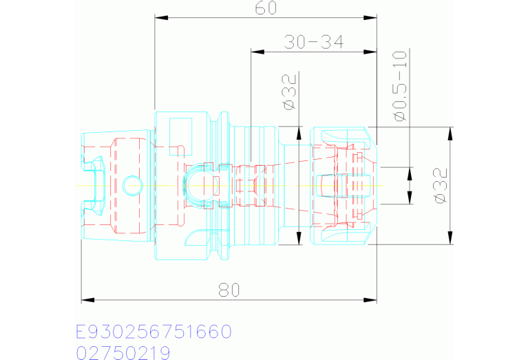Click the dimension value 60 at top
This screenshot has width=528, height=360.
pos(266,8)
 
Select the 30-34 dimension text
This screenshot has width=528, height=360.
pos(314,42)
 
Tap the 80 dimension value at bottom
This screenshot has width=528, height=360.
pos(229,290)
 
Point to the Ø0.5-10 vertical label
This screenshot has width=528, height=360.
pos(400,86)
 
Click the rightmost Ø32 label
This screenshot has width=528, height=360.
pos(441,186)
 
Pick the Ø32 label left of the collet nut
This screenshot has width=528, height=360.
pos(290,92)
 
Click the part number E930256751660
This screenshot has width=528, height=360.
pos(154,331)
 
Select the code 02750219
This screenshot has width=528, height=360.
pos(123,353)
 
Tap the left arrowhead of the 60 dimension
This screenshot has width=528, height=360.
pos(161,17)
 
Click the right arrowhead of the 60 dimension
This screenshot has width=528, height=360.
pos(370,17)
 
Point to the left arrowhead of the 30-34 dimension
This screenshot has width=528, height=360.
pos(257,52)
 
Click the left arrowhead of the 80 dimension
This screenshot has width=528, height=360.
pos(88,299)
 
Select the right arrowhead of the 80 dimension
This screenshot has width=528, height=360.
pos(370,299)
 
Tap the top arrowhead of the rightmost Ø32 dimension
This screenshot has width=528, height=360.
pos(450,134)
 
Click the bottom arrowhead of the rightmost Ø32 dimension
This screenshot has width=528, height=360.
pos(450,237)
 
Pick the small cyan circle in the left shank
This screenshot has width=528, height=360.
pos(132,186)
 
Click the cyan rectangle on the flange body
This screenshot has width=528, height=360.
pos(181,137)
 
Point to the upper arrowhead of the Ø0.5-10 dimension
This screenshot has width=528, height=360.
pos(410,173)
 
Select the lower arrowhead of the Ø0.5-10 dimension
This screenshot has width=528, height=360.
pos(410,198)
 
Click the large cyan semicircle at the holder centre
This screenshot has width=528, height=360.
pos(184,186)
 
